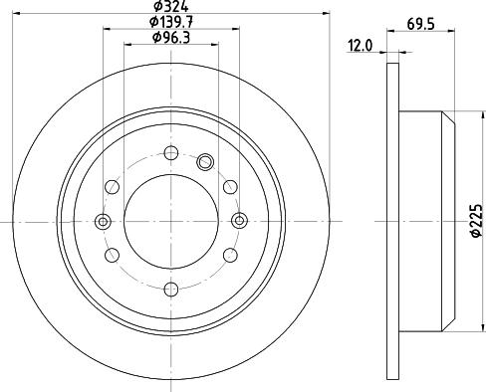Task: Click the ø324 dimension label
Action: pos(171,6)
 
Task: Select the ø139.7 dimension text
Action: pos(171,22)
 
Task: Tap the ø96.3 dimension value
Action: pos(171,37)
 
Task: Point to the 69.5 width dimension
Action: pos(420,24)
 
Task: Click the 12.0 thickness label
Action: pos(361,45)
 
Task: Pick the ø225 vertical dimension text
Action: pos(477,221)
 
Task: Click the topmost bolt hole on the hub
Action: pos(171,153)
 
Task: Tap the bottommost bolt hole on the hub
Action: pos(171,290)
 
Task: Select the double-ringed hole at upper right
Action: pos(205,162)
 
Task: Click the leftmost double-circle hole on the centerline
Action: pos(103,221)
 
